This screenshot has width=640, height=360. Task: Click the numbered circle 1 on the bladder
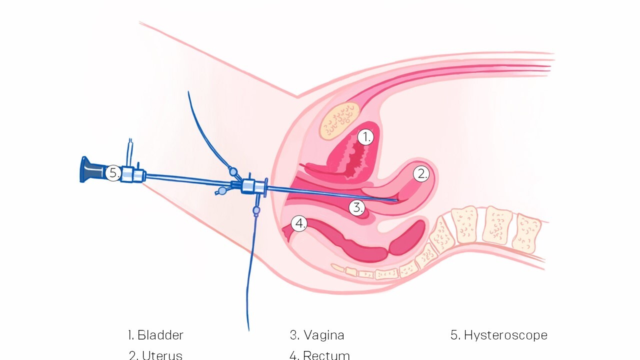[366, 137]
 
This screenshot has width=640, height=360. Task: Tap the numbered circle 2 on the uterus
[421, 174]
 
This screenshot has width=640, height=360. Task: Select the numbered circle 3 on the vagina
[356, 207]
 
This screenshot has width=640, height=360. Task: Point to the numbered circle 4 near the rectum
[299, 223]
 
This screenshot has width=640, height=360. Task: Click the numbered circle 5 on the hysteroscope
[113, 173]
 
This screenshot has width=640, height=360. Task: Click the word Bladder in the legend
[160, 335]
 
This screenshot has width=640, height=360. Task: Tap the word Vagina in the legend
[323, 335]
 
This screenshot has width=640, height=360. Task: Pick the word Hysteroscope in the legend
[505, 335]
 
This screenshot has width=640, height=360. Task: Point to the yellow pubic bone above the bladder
[340, 120]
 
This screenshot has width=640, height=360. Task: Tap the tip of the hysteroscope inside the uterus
[397, 200]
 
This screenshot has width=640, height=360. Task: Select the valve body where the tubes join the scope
[248, 186]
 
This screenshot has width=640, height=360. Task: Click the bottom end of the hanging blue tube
[248, 329]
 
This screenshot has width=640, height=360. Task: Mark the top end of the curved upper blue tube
[188, 92]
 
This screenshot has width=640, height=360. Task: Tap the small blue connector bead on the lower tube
[256, 210]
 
